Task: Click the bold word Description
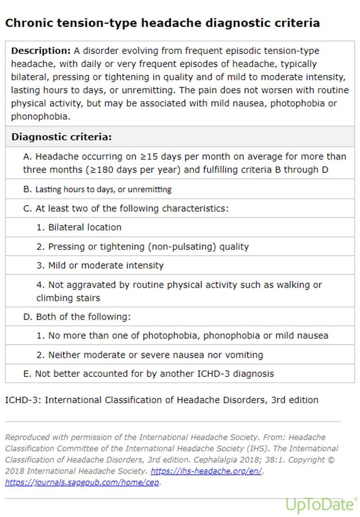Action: click(x=41, y=51)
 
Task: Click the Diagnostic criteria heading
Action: click(x=61, y=137)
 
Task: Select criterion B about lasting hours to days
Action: click(x=103, y=189)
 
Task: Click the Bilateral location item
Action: click(x=85, y=227)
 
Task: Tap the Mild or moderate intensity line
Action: click(x=106, y=266)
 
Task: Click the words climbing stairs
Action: click(x=68, y=297)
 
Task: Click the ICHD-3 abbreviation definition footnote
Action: click(x=162, y=400)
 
